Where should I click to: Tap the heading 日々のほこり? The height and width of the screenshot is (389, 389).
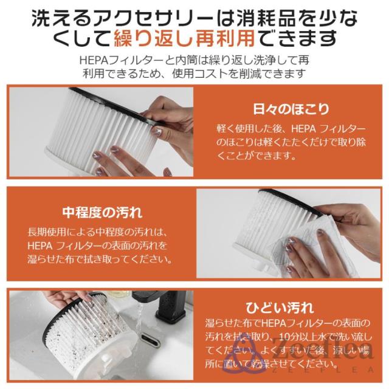pos(291,109)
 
